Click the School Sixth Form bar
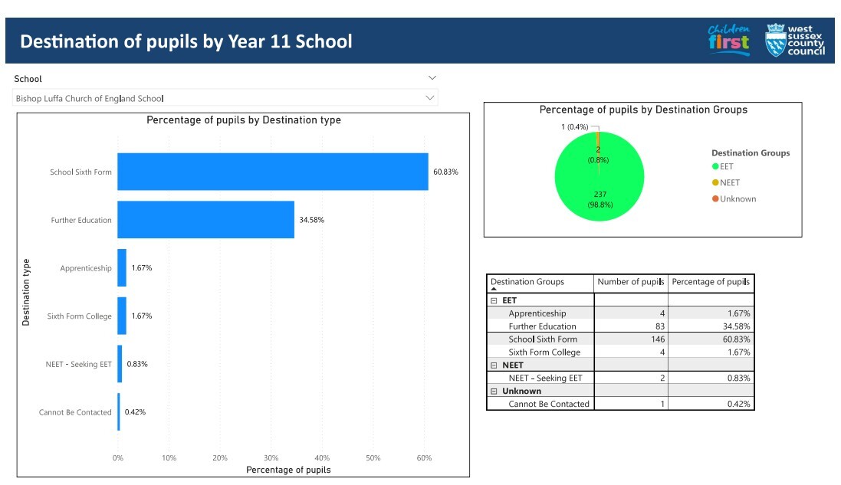coord(272,172)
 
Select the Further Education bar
coord(205,220)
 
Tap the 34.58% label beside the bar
coord(311,220)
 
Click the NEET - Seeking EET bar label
coord(78,364)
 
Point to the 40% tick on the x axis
coord(322,457)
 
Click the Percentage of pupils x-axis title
coord(288,470)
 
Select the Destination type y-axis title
coord(26,292)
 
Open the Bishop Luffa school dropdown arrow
coord(432,98)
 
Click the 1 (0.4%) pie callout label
coord(574,126)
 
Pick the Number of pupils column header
coord(630,282)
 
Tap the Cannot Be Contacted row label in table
coord(549,404)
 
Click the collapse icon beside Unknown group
coord(494,391)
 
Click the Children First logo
coord(728,40)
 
